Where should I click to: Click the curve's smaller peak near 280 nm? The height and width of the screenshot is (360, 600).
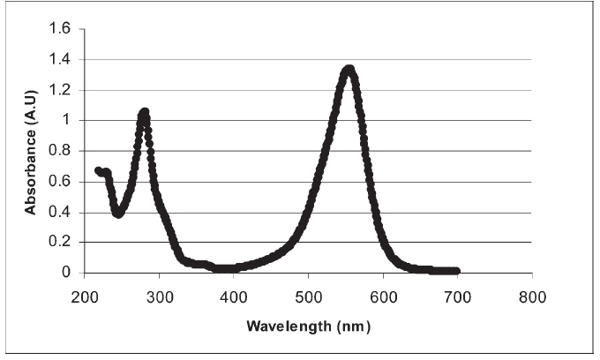144,112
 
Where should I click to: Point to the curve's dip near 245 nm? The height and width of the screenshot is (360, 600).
118,213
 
